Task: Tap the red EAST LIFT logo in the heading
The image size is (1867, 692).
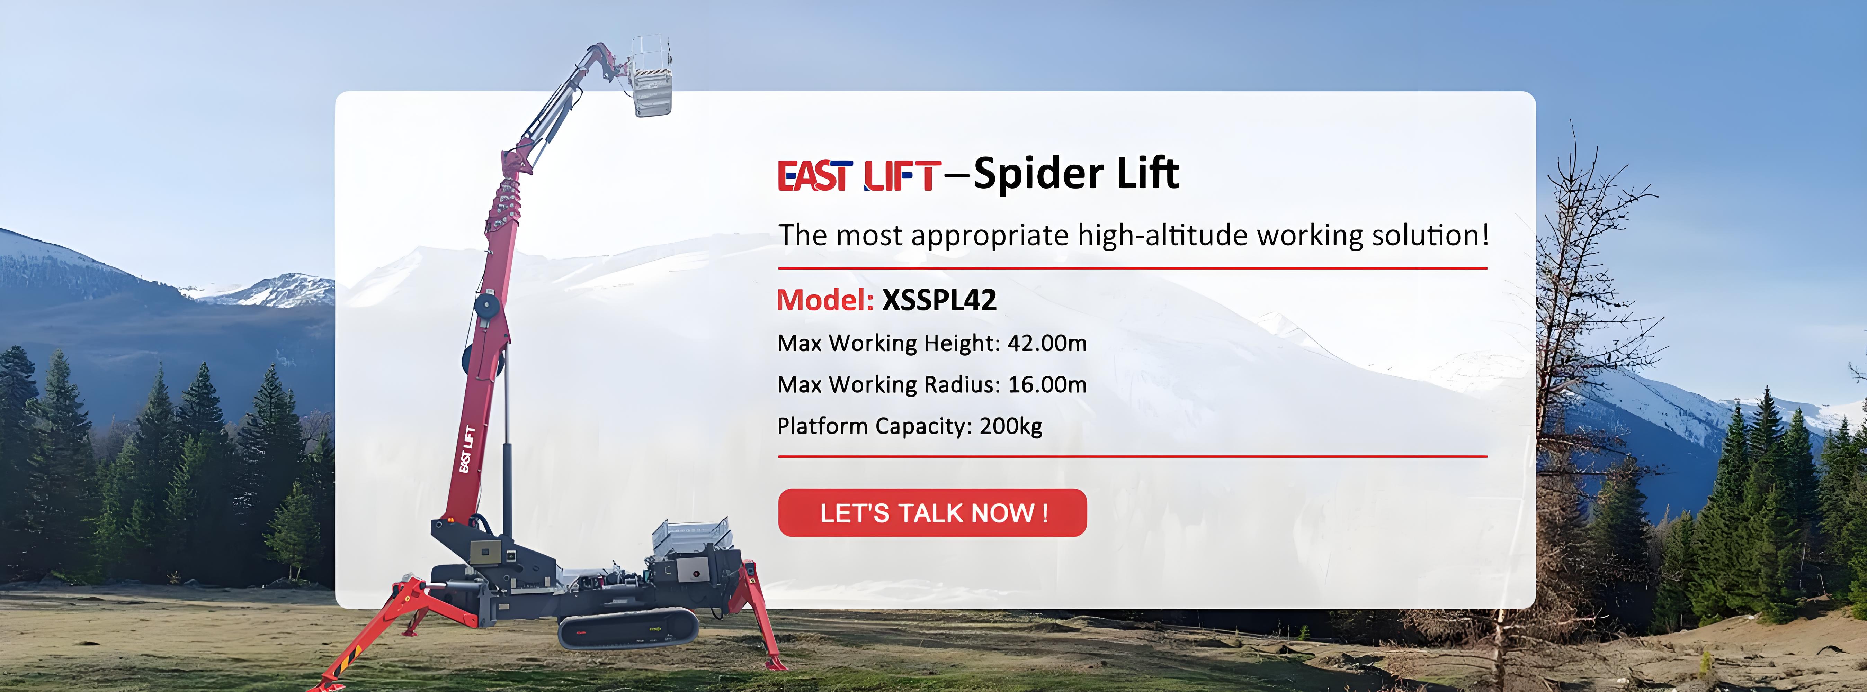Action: pyautogui.click(x=859, y=175)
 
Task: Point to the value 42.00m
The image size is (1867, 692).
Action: pyautogui.click(x=1047, y=343)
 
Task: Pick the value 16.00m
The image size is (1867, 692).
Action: pyautogui.click(x=1047, y=384)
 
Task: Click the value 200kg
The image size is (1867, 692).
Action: pyautogui.click(x=1011, y=426)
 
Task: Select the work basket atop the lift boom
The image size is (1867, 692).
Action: pyautogui.click(x=649, y=75)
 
